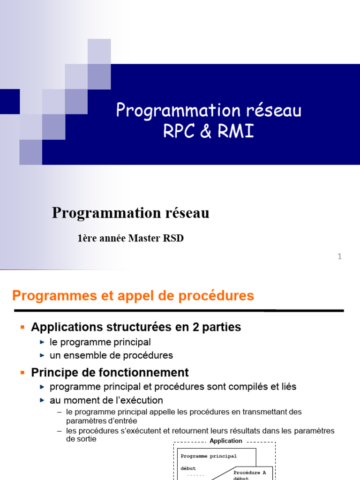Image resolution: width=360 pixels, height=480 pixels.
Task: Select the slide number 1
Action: pos(339,256)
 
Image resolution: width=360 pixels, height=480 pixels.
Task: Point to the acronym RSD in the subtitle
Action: pos(173,238)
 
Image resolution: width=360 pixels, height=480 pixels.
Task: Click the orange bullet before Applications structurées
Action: pos(22,327)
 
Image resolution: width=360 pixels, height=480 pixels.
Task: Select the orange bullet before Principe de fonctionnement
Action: pos(22,373)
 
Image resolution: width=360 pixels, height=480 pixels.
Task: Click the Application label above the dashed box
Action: pos(226,441)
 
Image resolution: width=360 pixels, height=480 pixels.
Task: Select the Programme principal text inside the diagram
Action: pos(209,456)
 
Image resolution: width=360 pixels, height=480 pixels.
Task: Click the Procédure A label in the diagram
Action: pos(250,472)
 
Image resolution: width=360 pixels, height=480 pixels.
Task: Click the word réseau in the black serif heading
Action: pos(185,213)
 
